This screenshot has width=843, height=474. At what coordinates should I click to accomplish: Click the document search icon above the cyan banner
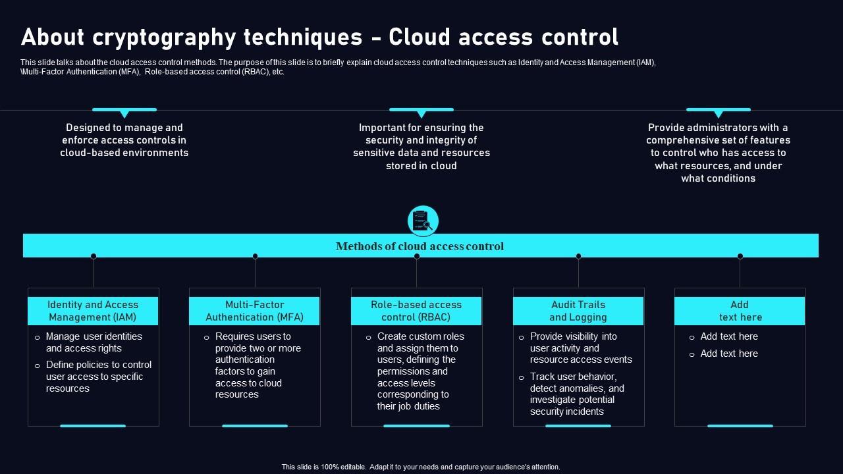pos(423,221)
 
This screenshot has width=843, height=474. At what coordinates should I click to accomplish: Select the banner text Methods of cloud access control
pos(420,246)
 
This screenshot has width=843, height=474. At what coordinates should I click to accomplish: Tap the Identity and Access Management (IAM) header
pos(93,311)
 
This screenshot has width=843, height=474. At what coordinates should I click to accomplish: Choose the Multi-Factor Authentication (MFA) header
pos(254,311)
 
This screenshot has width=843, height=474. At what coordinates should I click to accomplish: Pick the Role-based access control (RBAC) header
pos(416,311)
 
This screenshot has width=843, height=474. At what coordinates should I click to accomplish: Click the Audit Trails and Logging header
pos(578,311)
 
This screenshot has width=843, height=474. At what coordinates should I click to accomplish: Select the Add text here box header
pos(740,311)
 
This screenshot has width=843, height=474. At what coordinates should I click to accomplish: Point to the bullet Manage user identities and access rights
pos(94,342)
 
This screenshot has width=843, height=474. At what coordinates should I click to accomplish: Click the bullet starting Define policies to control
pos(98,377)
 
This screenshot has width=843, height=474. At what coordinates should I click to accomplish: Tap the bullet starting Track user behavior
pos(576,394)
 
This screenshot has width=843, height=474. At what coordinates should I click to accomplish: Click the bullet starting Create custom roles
pos(420,371)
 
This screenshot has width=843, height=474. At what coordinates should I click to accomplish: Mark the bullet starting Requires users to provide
pos(258,365)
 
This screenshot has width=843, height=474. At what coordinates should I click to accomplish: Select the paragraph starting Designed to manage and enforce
pos(124,140)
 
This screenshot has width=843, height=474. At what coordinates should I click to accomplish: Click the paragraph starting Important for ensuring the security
pos(421,147)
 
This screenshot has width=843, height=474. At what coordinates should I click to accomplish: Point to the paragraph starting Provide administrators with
pos(718,153)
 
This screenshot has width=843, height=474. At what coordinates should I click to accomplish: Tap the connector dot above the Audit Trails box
pos(578,256)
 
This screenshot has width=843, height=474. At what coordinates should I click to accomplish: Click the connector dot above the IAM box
pos(94,256)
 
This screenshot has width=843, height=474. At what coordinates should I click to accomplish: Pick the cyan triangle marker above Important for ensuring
pos(421,114)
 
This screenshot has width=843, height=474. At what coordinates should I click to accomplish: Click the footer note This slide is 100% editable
pos(421,467)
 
